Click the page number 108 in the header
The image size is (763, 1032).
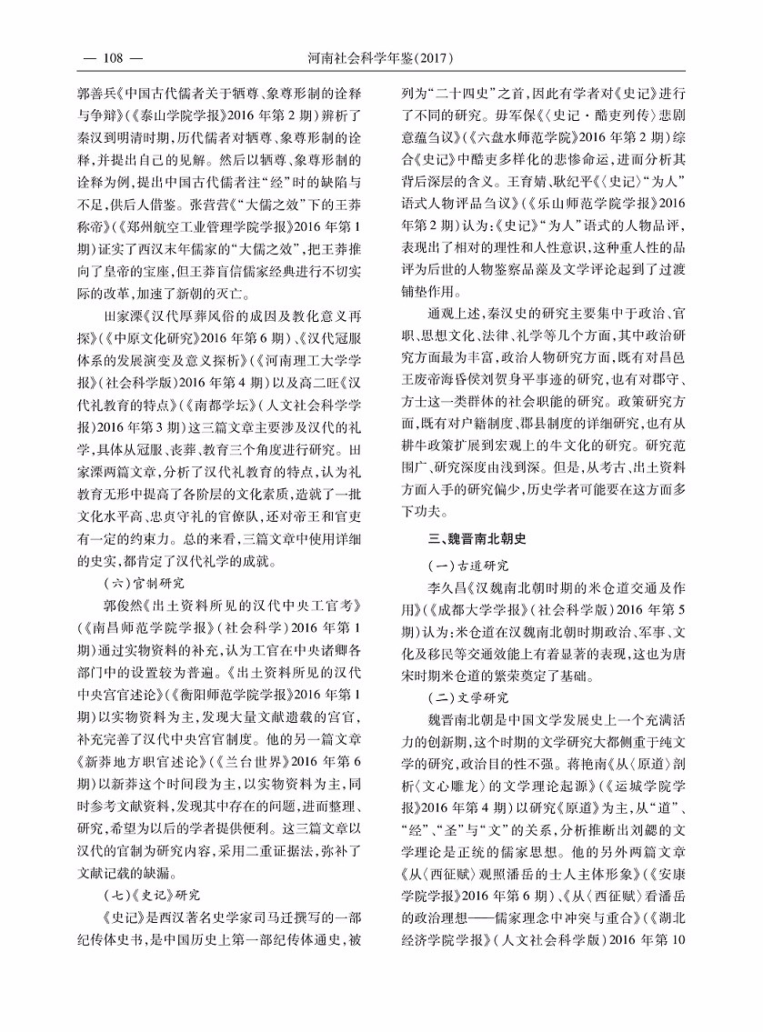pos(113,59)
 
